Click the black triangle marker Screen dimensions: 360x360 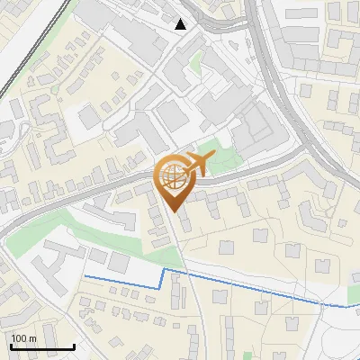[x=181, y=24]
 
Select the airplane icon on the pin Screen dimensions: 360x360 [x=195, y=164]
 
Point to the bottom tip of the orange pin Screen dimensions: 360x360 [x=175, y=211]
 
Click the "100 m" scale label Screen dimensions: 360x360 [x=23, y=338]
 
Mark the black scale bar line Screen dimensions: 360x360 [x=42, y=346]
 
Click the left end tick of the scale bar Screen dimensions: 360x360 [x=11, y=345]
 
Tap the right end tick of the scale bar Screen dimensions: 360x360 [x=74, y=345]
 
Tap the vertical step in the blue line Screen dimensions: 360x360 [x=162, y=277]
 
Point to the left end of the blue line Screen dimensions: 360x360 [x=85, y=276]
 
